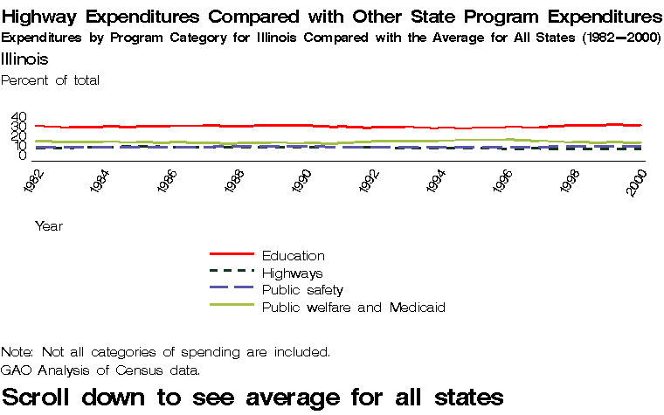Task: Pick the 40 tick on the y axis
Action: [19, 118]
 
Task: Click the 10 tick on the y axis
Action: [19, 146]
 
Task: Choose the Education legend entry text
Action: [293, 255]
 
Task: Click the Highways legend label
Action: [292, 273]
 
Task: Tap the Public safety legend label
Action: [302, 289]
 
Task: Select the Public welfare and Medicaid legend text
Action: [354, 307]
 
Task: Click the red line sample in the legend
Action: [232, 255]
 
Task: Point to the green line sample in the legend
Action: [232, 306]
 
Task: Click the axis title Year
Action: [49, 225]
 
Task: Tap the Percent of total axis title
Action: [51, 80]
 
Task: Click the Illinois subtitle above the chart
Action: [24, 59]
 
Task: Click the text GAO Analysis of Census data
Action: [100, 370]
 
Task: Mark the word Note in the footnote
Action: [17, 352]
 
